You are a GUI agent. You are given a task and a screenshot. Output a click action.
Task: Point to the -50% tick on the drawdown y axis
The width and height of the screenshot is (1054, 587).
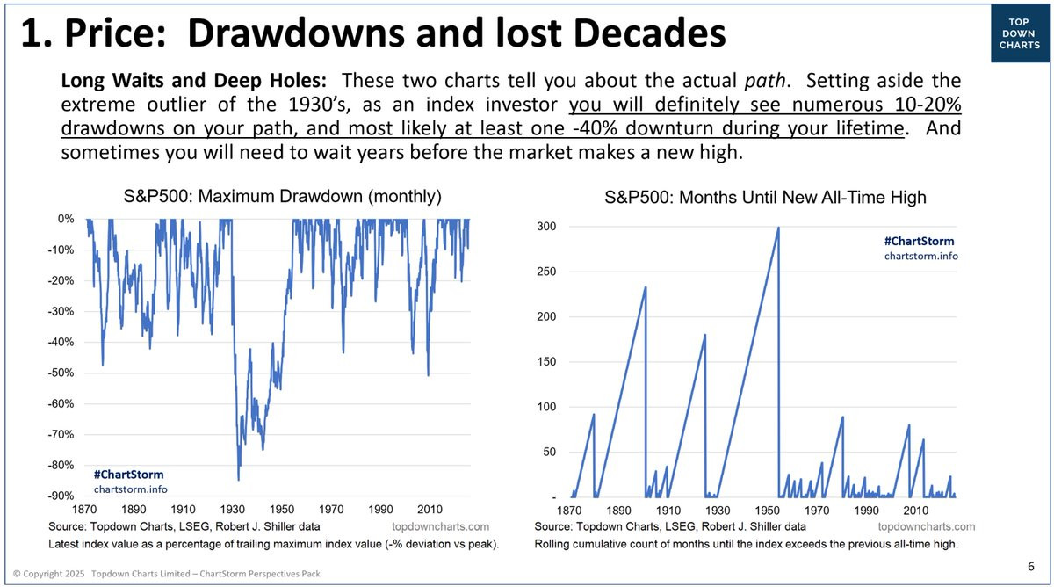61,373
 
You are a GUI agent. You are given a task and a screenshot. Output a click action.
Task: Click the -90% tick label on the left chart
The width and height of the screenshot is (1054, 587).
61,496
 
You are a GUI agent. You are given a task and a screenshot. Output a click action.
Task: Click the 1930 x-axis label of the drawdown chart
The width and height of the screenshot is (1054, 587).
233,510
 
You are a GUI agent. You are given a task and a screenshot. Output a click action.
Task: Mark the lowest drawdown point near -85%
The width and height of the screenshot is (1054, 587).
238,480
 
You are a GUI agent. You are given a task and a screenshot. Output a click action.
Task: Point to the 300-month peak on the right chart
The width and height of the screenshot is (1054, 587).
778,228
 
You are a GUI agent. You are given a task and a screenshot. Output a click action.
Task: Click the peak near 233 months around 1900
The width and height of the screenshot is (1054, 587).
646,286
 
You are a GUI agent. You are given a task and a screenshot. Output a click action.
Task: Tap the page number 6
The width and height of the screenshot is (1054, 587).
1030,566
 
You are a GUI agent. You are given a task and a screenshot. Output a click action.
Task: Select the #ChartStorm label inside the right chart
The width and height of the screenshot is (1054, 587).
919,241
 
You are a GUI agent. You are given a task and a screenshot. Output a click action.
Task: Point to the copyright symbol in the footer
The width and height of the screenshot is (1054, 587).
18,574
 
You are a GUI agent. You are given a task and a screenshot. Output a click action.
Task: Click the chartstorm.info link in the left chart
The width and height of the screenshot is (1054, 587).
130,489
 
